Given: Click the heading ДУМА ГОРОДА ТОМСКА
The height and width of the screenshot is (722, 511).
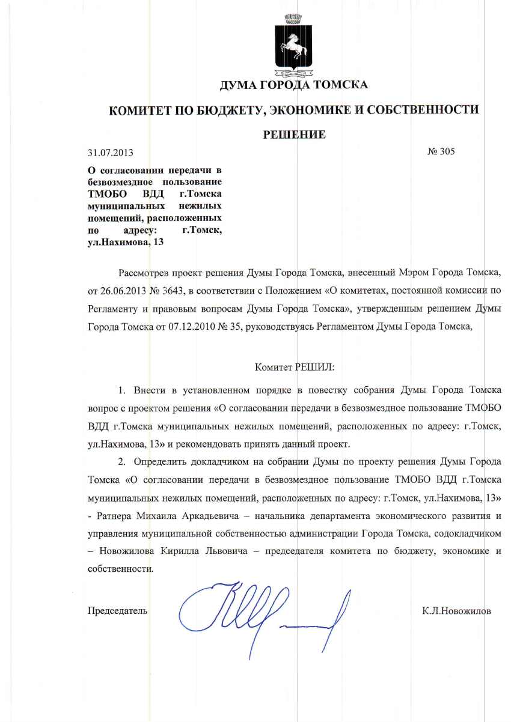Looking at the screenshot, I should click(x=294, y=85).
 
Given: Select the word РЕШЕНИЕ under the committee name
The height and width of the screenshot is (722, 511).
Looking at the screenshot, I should click(x=295, y=134).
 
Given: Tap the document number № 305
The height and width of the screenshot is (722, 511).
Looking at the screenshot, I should click(x=441, y=151).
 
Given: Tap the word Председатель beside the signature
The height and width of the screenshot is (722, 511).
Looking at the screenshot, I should click(x=117, y=611).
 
